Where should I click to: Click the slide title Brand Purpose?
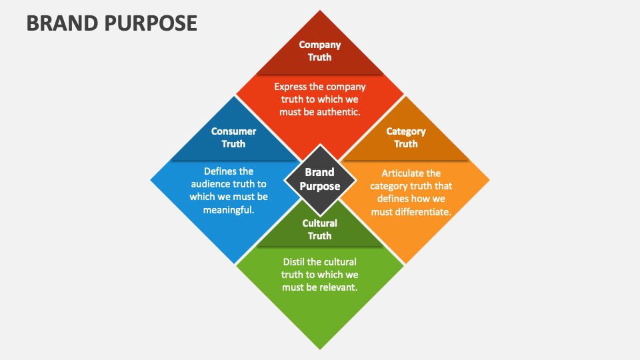coord(112,23)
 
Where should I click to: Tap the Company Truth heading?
coord(320,51)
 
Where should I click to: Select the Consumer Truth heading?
coord(233,137)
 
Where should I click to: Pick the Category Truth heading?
coord(406,137)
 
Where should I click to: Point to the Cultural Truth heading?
coord(320,229)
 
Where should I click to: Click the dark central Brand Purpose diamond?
coord(320,179)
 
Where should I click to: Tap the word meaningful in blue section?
coord(228,209)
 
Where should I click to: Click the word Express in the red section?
coord(291,87)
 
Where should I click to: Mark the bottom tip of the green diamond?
coord(320,348)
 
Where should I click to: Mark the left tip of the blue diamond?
coord(151,180)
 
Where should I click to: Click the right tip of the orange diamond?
coord(489,180)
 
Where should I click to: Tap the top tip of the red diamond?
coord(320,11)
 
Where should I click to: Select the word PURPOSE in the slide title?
coord(151,23)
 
